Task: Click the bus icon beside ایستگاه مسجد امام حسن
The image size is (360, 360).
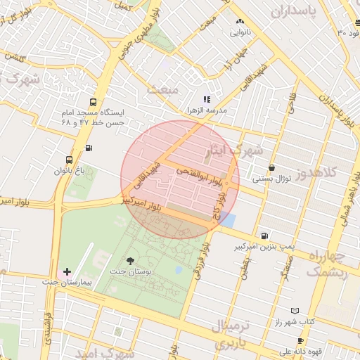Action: pyautogui.click(x=94, y=102)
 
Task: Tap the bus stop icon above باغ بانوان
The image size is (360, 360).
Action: pyautogui.click(x=68, y=160)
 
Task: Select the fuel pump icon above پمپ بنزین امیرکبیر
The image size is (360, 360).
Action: pyautogui.click(x=264, y=236)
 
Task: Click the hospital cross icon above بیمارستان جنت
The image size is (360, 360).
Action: pyautogui.click(x=67, y=271)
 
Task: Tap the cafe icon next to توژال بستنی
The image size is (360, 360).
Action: pyautogui.click(x=272, y=168)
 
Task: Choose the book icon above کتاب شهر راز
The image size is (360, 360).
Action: pyautogui.click(x=295, y=311)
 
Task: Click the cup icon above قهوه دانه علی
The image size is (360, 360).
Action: pyautogui.click(x=300, y=341)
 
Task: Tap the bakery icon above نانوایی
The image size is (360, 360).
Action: pyautogui.click(x=240, y=21)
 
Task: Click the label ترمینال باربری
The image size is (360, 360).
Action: pyautogui.click(x=236, y=335)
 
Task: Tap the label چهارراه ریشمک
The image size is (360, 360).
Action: pyautogui.click(x=327, y=264)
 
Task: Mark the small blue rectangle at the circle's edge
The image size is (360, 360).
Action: pyautogui.click(x=228, y=220)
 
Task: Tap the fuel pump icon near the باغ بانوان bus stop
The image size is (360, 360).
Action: pyautogui.click(x=89, y=148)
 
